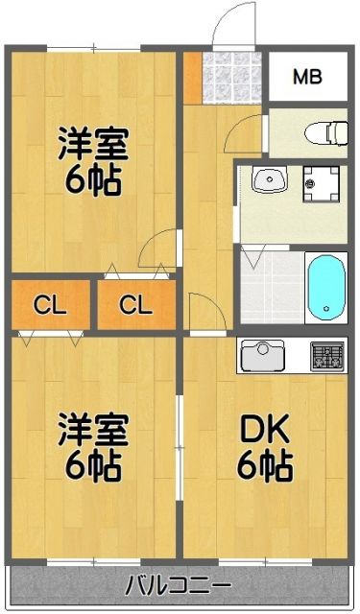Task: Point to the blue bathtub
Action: (326, 284)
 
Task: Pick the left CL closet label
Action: (49, 306)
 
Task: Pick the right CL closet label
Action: (136, 306)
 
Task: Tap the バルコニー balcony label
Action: (179, 584)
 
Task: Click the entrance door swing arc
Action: (231, 25)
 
